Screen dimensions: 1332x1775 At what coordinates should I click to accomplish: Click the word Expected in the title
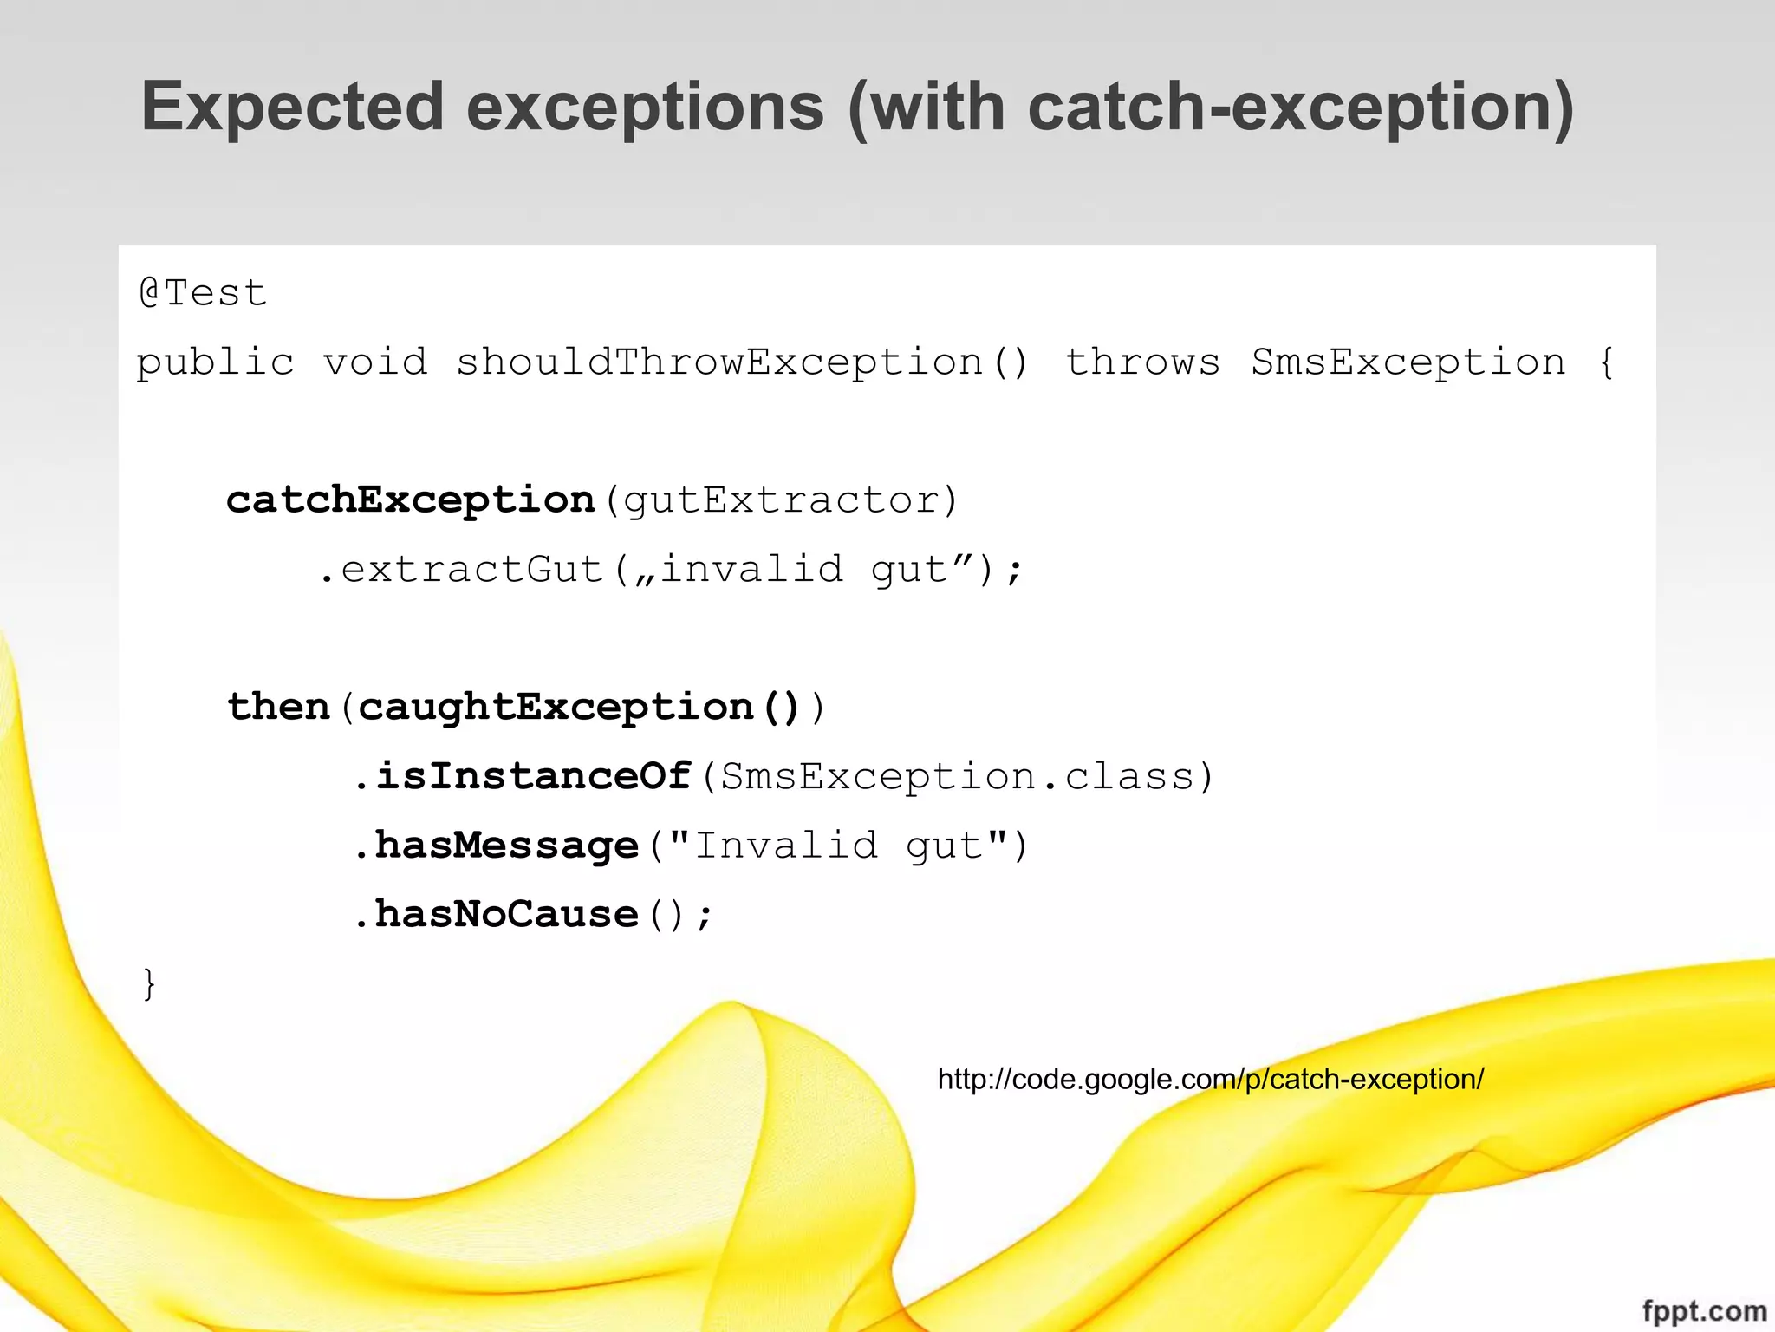coord(293,108)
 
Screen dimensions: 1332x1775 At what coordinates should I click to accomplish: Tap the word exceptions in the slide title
coord(645,108)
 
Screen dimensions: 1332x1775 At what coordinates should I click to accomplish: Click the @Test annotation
coord(203,293)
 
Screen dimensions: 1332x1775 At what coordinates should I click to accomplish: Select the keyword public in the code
coord(215,362)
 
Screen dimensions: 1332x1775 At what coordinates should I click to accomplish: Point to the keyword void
coord(375,362)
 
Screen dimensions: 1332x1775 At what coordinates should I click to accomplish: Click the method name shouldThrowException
coord(719,362)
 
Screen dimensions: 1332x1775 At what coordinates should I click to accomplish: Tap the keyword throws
coord(1142,362)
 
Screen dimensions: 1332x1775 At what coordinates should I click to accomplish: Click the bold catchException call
coord(410,499)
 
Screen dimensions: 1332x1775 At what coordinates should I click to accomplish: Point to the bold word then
coord(278,707)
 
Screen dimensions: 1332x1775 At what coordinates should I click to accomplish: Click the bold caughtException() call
coord(579,707)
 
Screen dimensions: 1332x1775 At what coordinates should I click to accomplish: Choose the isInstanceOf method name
coord(533,776)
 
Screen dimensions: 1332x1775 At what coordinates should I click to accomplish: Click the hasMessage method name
coord(506,846)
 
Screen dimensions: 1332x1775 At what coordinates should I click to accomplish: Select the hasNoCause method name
coord(506,914)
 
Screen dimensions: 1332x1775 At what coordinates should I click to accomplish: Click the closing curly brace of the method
coord(149,983)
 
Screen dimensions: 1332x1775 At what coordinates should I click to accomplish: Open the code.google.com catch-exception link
coord(1210,1079)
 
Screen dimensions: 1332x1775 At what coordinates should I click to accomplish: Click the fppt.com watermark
coord(1704,1309)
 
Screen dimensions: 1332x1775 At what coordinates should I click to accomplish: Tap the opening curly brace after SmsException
coord(1606,362)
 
